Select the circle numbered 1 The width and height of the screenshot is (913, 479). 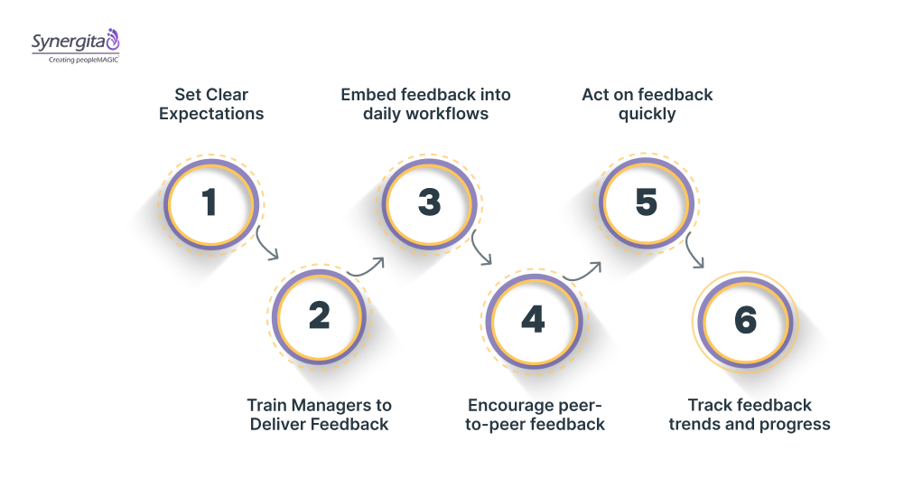(x=210, y=202)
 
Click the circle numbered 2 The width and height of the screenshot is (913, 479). (x=319, y=316)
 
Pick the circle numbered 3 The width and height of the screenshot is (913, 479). (x=429, y=202)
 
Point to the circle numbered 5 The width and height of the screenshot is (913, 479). (x=647, y=202)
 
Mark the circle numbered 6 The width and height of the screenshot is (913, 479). (x=746, y=320)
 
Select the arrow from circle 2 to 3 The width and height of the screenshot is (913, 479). (x=367, y=268)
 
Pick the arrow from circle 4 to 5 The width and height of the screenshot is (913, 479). (x=582, y=269)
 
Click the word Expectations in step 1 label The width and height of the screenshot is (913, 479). (x=211, y=114)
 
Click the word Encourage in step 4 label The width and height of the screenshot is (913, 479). (x=508, y=405)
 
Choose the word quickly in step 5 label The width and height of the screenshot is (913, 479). (x=647, y=114)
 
